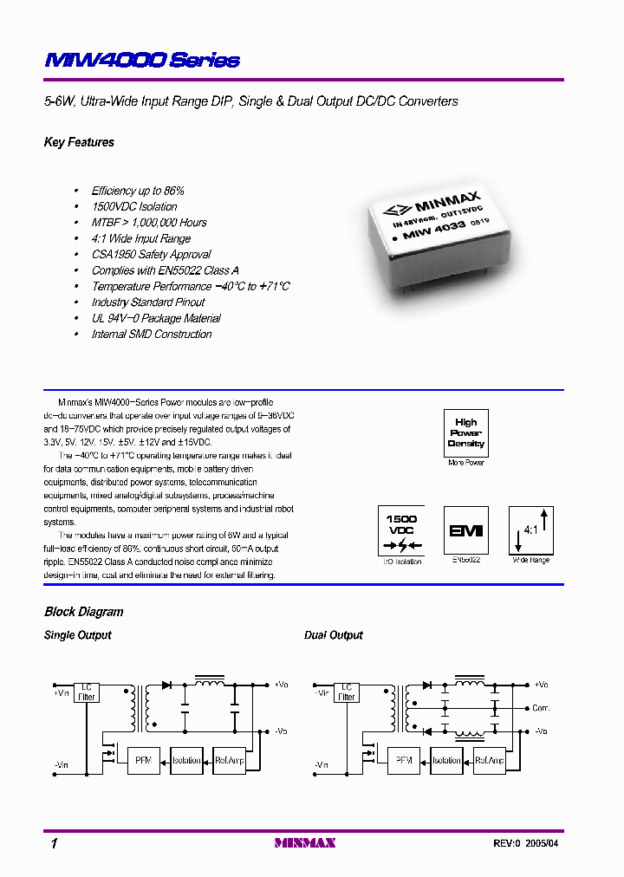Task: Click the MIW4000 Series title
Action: point(142,60)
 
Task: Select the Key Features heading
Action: point(79,142)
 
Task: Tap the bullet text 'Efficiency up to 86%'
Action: point(138,191)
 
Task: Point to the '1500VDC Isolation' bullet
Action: point(134,206)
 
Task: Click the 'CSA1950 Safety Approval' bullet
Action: point(151,254)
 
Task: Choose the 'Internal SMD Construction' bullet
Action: point(152,334)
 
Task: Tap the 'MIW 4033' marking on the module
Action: point(436,227)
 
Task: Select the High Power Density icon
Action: point(465,433)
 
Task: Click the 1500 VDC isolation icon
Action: point(401,530)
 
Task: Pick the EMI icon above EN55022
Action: point(465,530)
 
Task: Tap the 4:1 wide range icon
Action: point(530,530)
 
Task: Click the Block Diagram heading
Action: point(83,612)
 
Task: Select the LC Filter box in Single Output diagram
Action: point(88,691)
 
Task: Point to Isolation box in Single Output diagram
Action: point(186,760)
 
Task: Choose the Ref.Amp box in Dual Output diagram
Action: point(490,760)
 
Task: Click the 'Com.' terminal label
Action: point(542,708)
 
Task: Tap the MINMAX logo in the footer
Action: point(304,843)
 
